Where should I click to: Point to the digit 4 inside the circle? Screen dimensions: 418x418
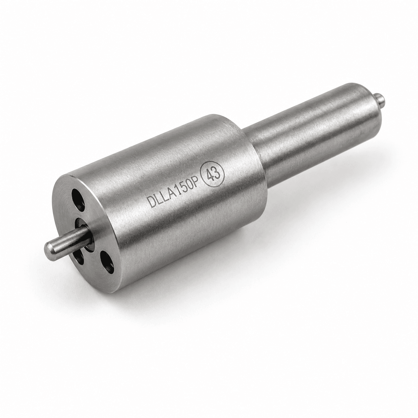coord(208,176)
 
